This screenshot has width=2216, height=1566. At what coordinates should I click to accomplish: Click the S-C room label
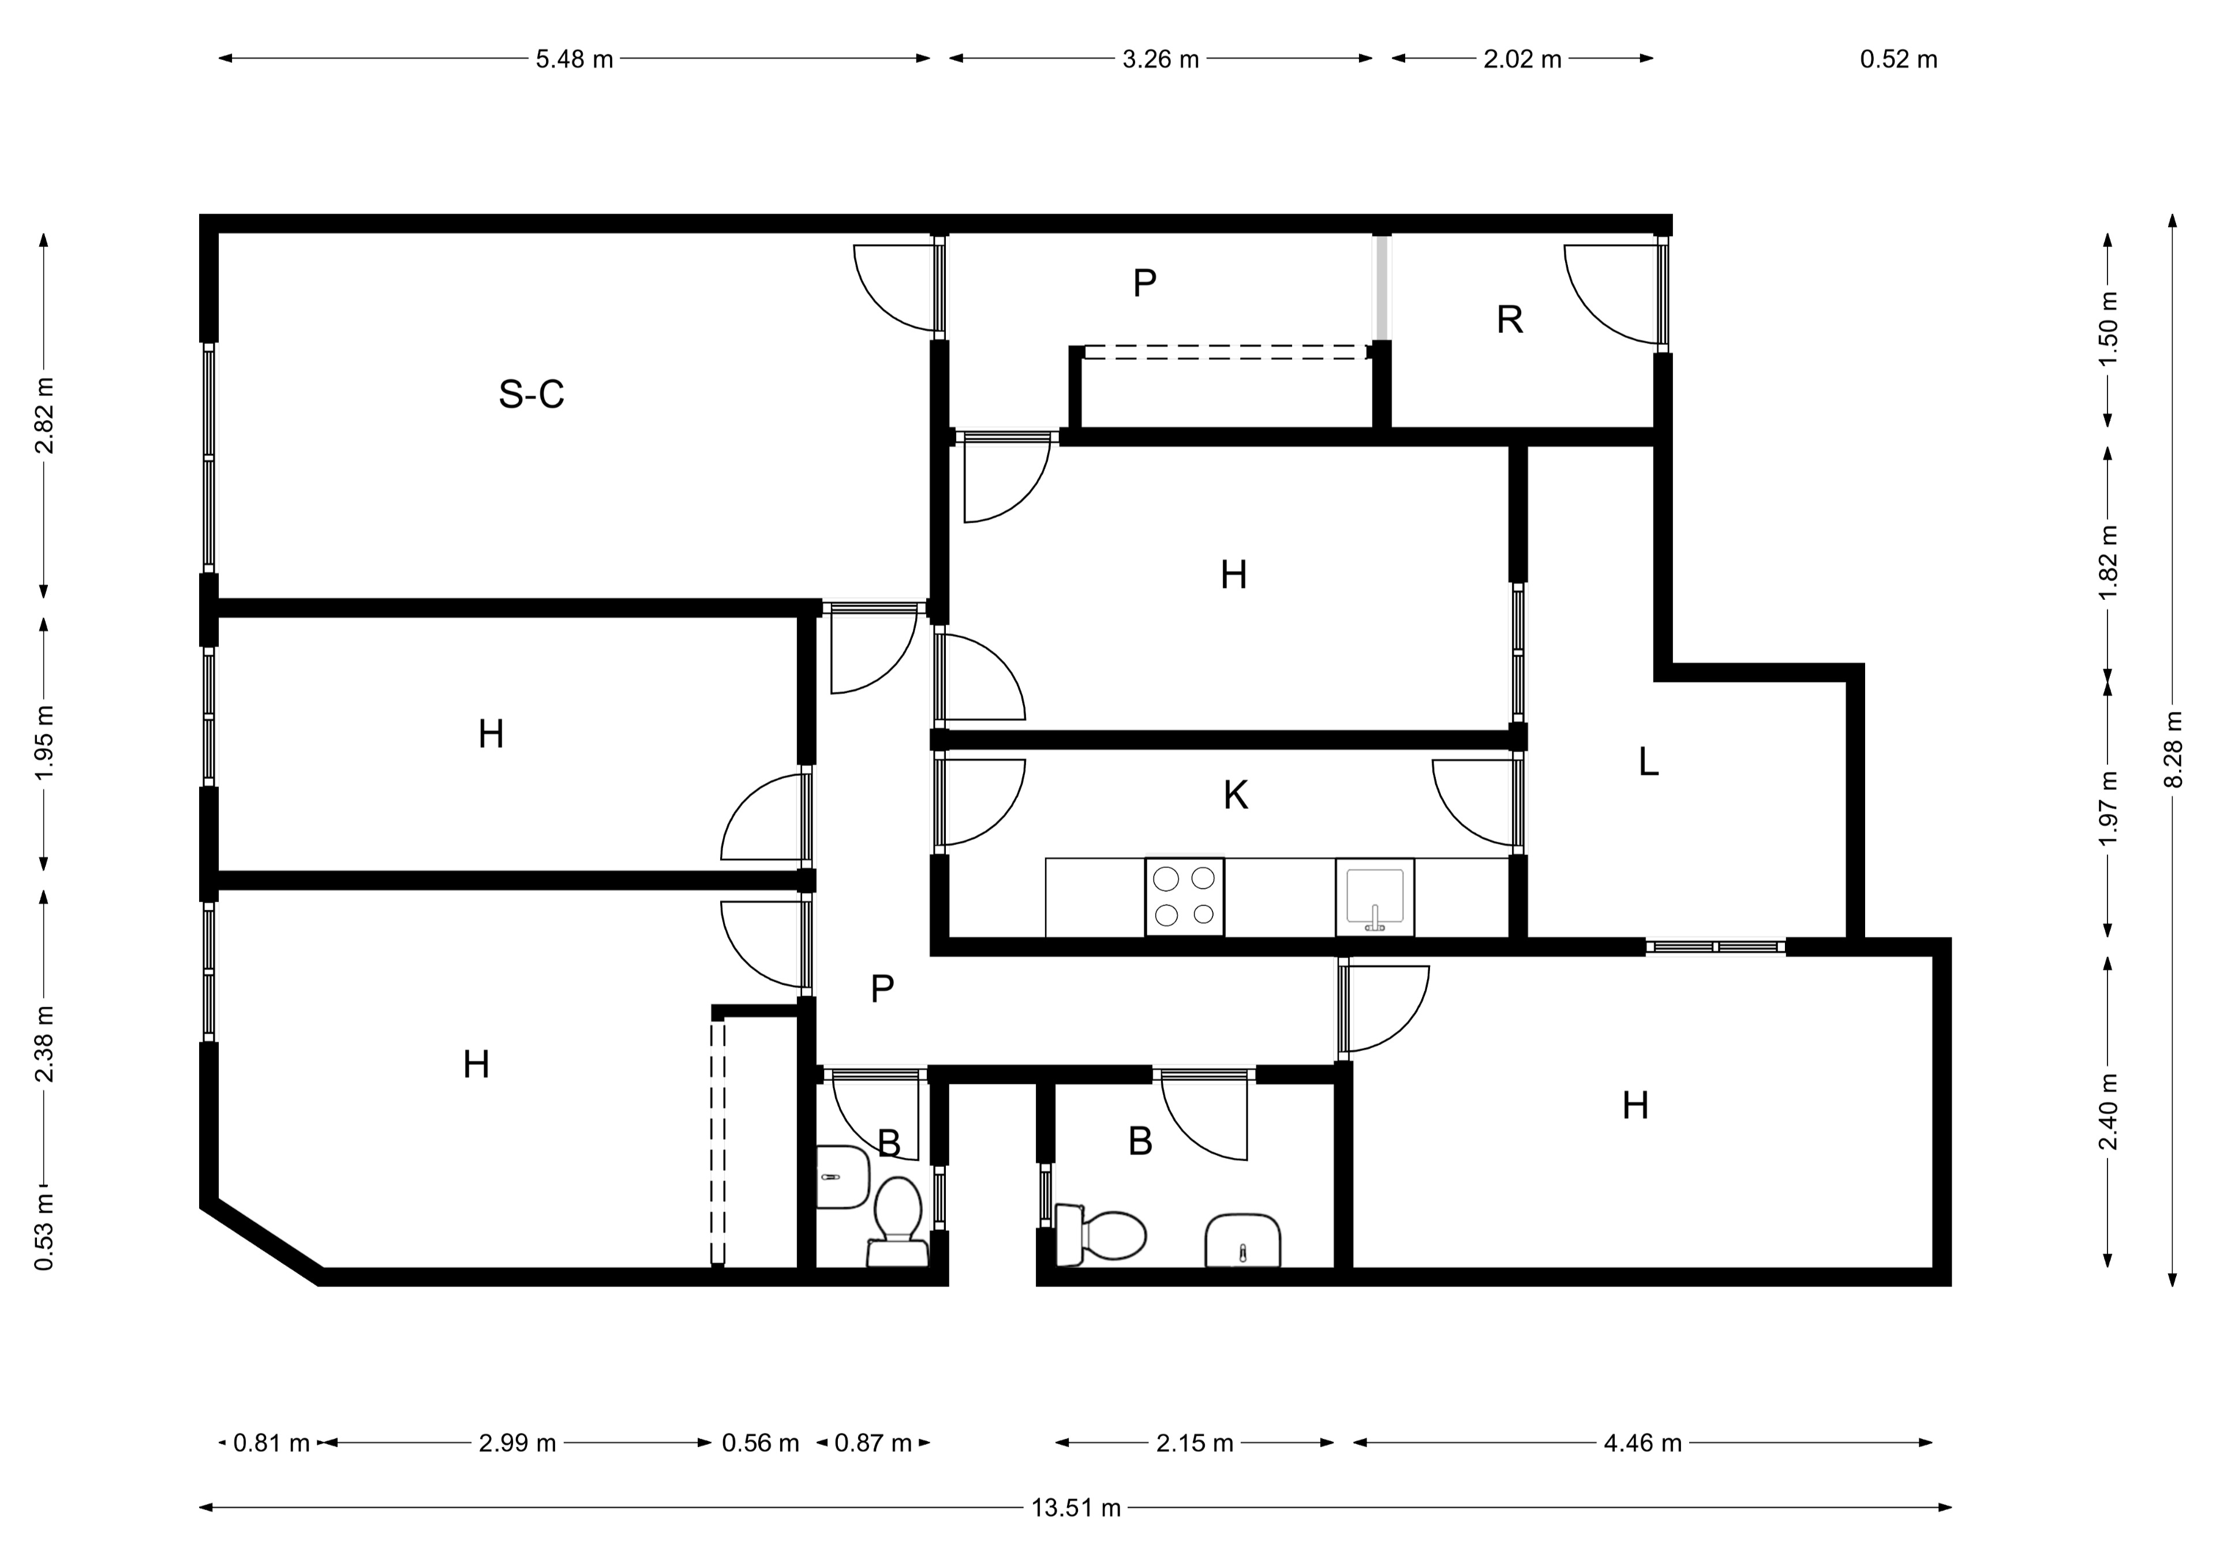(531, 394)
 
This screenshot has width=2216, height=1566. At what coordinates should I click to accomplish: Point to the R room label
(1510, 320)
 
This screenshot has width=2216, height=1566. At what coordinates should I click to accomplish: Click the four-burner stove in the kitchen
(1184, 896)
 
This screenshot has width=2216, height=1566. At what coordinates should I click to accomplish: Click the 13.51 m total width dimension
(1076, 1507)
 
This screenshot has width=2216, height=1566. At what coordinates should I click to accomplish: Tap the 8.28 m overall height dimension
(2173, 750)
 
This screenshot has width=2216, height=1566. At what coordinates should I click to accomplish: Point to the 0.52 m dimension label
(1899, 59)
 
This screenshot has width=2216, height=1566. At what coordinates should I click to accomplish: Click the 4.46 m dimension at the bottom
(1643, 1444)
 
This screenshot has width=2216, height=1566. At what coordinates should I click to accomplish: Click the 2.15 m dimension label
(1195, 1444)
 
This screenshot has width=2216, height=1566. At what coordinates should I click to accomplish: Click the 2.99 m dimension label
(517, 1444)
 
